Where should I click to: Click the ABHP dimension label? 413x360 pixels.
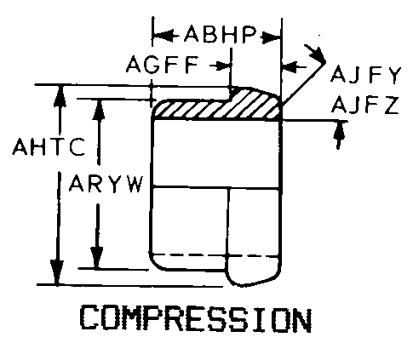pos(221,34)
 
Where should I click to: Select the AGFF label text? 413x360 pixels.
pos(163,65)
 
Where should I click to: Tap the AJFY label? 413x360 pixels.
pos(365,75)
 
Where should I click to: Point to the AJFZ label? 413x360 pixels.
pos(365,105)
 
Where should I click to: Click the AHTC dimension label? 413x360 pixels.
pos(49,146)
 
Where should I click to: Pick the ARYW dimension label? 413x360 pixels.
pos(106,184)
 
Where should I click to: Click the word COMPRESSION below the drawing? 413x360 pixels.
pos(196,318)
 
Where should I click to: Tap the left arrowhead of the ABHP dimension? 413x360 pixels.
pos(163,36)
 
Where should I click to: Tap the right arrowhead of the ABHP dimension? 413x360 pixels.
pos(271,37)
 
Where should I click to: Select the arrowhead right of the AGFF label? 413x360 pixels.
pos(222,66)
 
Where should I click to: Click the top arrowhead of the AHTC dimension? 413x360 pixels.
pos(60,95)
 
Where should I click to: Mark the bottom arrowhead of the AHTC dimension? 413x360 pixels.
pos(57,272)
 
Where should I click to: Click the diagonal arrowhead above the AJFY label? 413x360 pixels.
pos(318,54)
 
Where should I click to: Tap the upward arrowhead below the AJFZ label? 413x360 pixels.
pos(339,130)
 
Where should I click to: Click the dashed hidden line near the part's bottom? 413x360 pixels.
pos(215,255)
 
